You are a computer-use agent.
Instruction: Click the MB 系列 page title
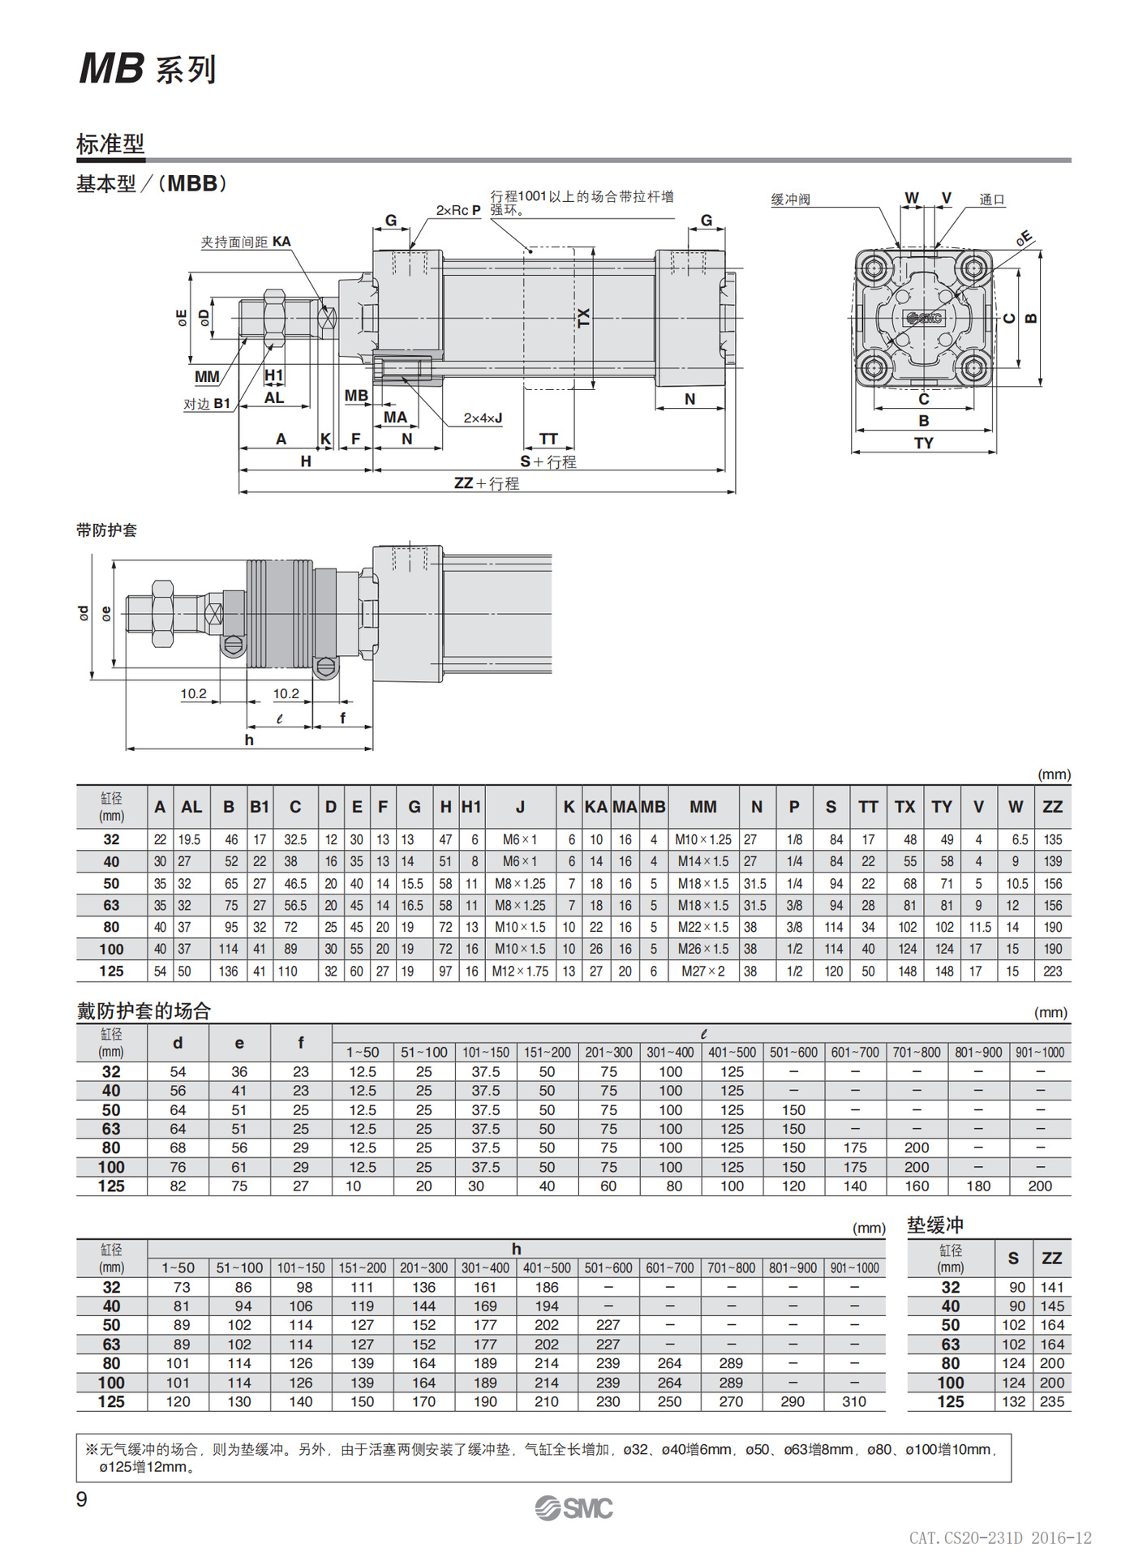coord(148,68)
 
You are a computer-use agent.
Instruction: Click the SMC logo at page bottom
coord(573,1508)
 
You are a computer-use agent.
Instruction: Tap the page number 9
coord(82,1499)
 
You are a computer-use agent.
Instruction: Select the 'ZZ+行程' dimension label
coord(487,483)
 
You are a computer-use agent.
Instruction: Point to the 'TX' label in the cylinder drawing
coord(583,317)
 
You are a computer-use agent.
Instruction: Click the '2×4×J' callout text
coord(483,418)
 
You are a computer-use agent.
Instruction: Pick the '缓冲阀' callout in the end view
coord(790,199)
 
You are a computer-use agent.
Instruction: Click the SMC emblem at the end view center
coord(924,318)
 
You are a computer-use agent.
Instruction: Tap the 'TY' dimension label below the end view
coord(923,443)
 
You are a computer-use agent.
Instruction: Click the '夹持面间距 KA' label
coord(246,242)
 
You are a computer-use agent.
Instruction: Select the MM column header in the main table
coord(702,807)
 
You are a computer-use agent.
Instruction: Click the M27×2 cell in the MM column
coord(702,971)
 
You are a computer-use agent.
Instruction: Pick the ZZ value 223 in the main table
coord(1052,971)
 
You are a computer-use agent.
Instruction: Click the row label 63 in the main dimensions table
coord(111,905)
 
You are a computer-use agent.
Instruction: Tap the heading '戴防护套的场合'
coord(144,1010)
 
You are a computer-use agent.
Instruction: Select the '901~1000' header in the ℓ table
coord(1040,1052)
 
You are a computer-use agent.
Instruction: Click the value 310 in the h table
coord(853,1401)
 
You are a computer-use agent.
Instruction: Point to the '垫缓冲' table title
coord(934,1225)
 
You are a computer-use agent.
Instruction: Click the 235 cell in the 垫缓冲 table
coord(1051,1401)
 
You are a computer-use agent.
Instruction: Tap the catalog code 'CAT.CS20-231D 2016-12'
coord(999,1538)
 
